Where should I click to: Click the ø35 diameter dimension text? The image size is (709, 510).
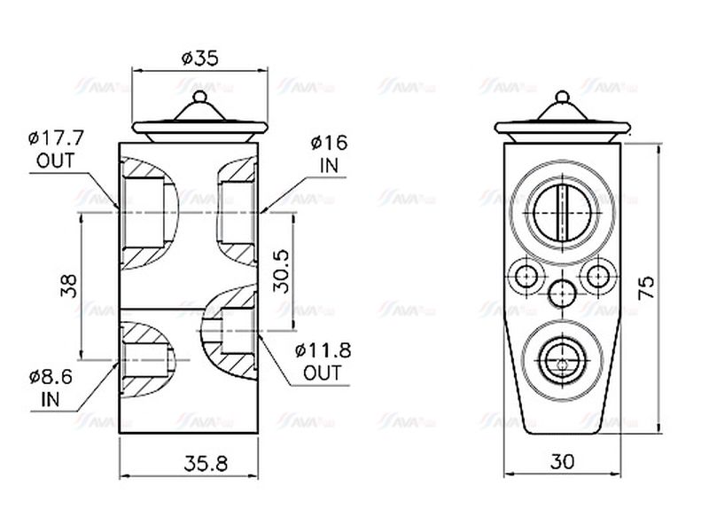click(199, 59)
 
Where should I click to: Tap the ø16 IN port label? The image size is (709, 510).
click(329, 153)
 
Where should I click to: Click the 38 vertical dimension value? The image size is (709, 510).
click(69, 285)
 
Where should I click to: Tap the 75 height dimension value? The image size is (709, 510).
click(648, 286)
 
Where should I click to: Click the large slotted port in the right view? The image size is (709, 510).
click(562, 212)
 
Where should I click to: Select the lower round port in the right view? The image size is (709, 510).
click(561, 362)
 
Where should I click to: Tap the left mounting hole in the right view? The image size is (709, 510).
click(526, 276)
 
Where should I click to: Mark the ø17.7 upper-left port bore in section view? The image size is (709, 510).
click(144, 212)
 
